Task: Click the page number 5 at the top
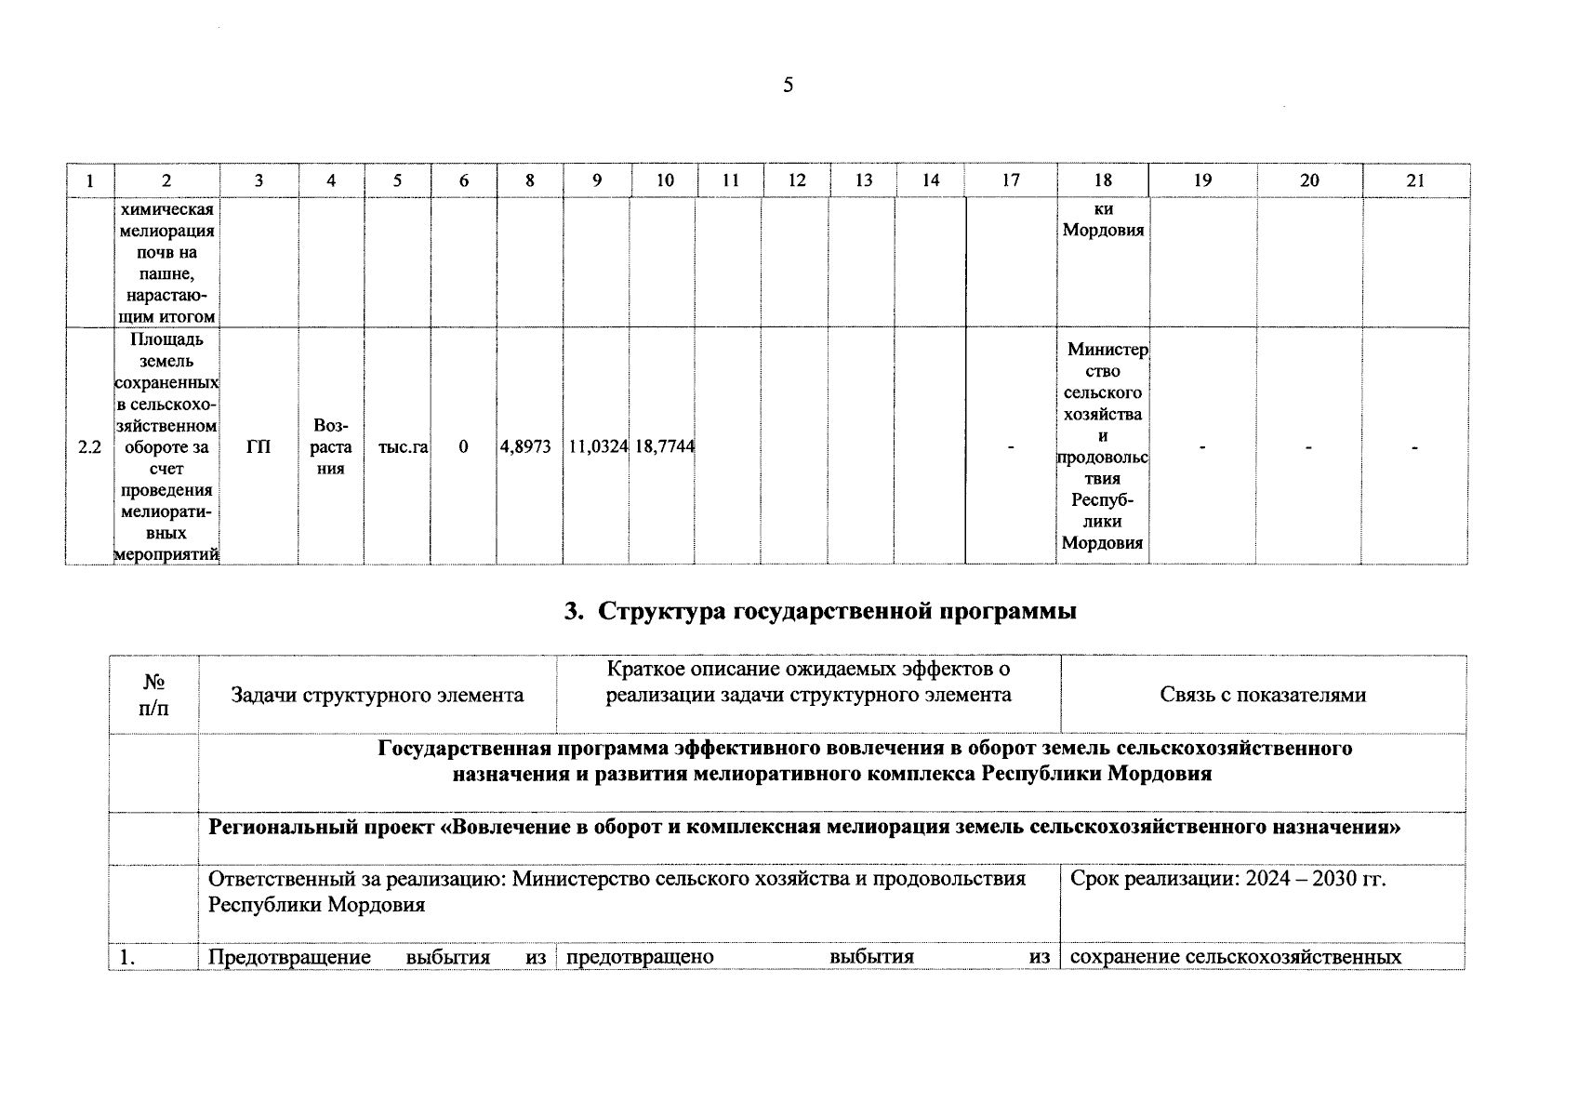[x=788, y=86]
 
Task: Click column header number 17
[x=1010, y=180]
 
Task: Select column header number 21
[x=1415, y=180]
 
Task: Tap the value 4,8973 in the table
[x=526, y=447]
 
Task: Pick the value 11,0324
[x=597, y=447]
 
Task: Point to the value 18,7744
[x=664, y=447]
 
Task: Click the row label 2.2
[x=89, y=447]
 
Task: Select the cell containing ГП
[x=259, y=447]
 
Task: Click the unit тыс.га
[x=403, y=447]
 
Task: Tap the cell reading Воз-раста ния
[x=331, y=447]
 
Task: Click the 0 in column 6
[x=463, y=447]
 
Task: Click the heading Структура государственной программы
[x=837, y=612]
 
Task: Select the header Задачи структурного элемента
[x=377, y=695]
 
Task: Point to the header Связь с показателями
[x=1263, y=695]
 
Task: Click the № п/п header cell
[x=154, y=695]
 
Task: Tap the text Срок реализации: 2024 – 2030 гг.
[x=1228, y=879]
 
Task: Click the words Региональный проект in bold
[x=322, y=827]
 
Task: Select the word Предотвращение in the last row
[x=289, y=957]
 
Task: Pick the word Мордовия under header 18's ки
[x=1103, y=230]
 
